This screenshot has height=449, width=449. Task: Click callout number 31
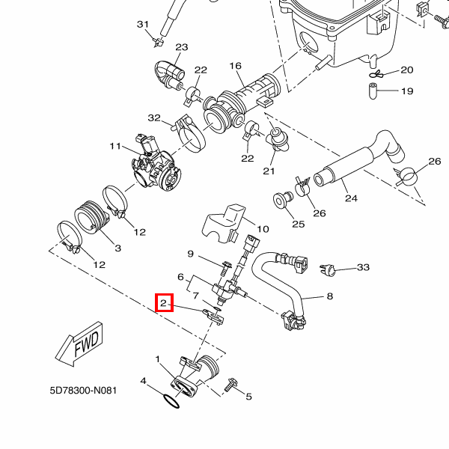coord(143,25)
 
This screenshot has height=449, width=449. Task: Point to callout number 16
coord(236,67)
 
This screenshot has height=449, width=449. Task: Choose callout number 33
coord(364,267)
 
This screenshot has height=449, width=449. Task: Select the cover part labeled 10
coord(222,223)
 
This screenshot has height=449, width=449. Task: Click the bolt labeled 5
coord(230,384)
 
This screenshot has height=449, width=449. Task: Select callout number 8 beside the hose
coord(329,296)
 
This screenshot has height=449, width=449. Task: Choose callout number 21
coord(269,171)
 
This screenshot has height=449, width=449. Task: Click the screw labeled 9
coord(225,265)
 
